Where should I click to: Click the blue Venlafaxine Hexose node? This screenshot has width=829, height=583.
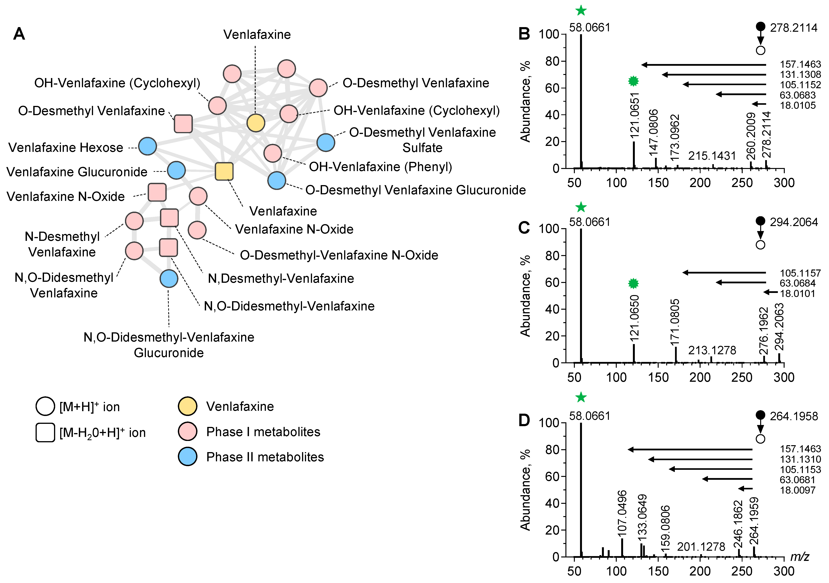click(x=147, y=146)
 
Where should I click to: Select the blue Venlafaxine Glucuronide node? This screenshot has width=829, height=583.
click(x=176, y=170)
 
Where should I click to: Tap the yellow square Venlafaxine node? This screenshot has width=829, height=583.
click(x=224, y=171)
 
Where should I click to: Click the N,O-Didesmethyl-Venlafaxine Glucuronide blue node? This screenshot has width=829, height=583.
click(x=169, y=278)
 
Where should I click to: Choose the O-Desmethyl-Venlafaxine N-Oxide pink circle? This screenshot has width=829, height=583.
click(x=197, y=230)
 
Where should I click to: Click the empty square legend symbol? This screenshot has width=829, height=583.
click(x=45, y=432)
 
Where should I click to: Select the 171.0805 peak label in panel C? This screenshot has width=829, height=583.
click(x=674, y=321)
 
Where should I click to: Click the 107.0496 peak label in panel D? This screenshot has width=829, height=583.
click(x=622, y=513)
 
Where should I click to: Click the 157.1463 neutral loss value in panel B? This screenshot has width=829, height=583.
click(x=800, y=64)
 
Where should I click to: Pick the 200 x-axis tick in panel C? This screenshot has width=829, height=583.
click(x=700, y=378)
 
